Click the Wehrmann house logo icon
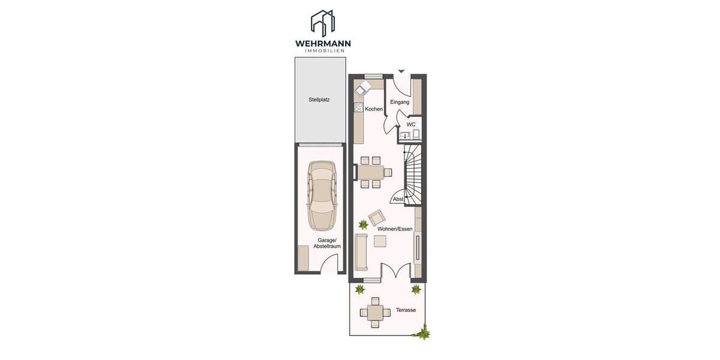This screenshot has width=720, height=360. click(322, 23)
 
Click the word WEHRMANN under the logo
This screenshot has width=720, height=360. click(322, 43)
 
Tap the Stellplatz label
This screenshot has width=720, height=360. click(319, 100)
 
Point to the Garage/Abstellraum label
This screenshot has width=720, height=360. click(327, 243)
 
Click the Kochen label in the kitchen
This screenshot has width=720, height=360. click(374, 109)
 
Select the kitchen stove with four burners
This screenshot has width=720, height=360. click(358, 107)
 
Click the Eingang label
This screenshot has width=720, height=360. click(400, 102)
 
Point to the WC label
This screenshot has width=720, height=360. click(411, 124)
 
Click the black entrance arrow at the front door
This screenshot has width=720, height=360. click(401, 71)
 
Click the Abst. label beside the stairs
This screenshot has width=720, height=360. click(398, 199)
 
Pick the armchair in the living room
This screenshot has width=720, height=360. click(377, 217)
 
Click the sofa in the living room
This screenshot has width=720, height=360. click(361, 252)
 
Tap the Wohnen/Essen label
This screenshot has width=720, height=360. click(395, 229)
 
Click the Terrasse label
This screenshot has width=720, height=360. click(406, 310)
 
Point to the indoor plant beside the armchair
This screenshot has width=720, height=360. click(363, 224)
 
